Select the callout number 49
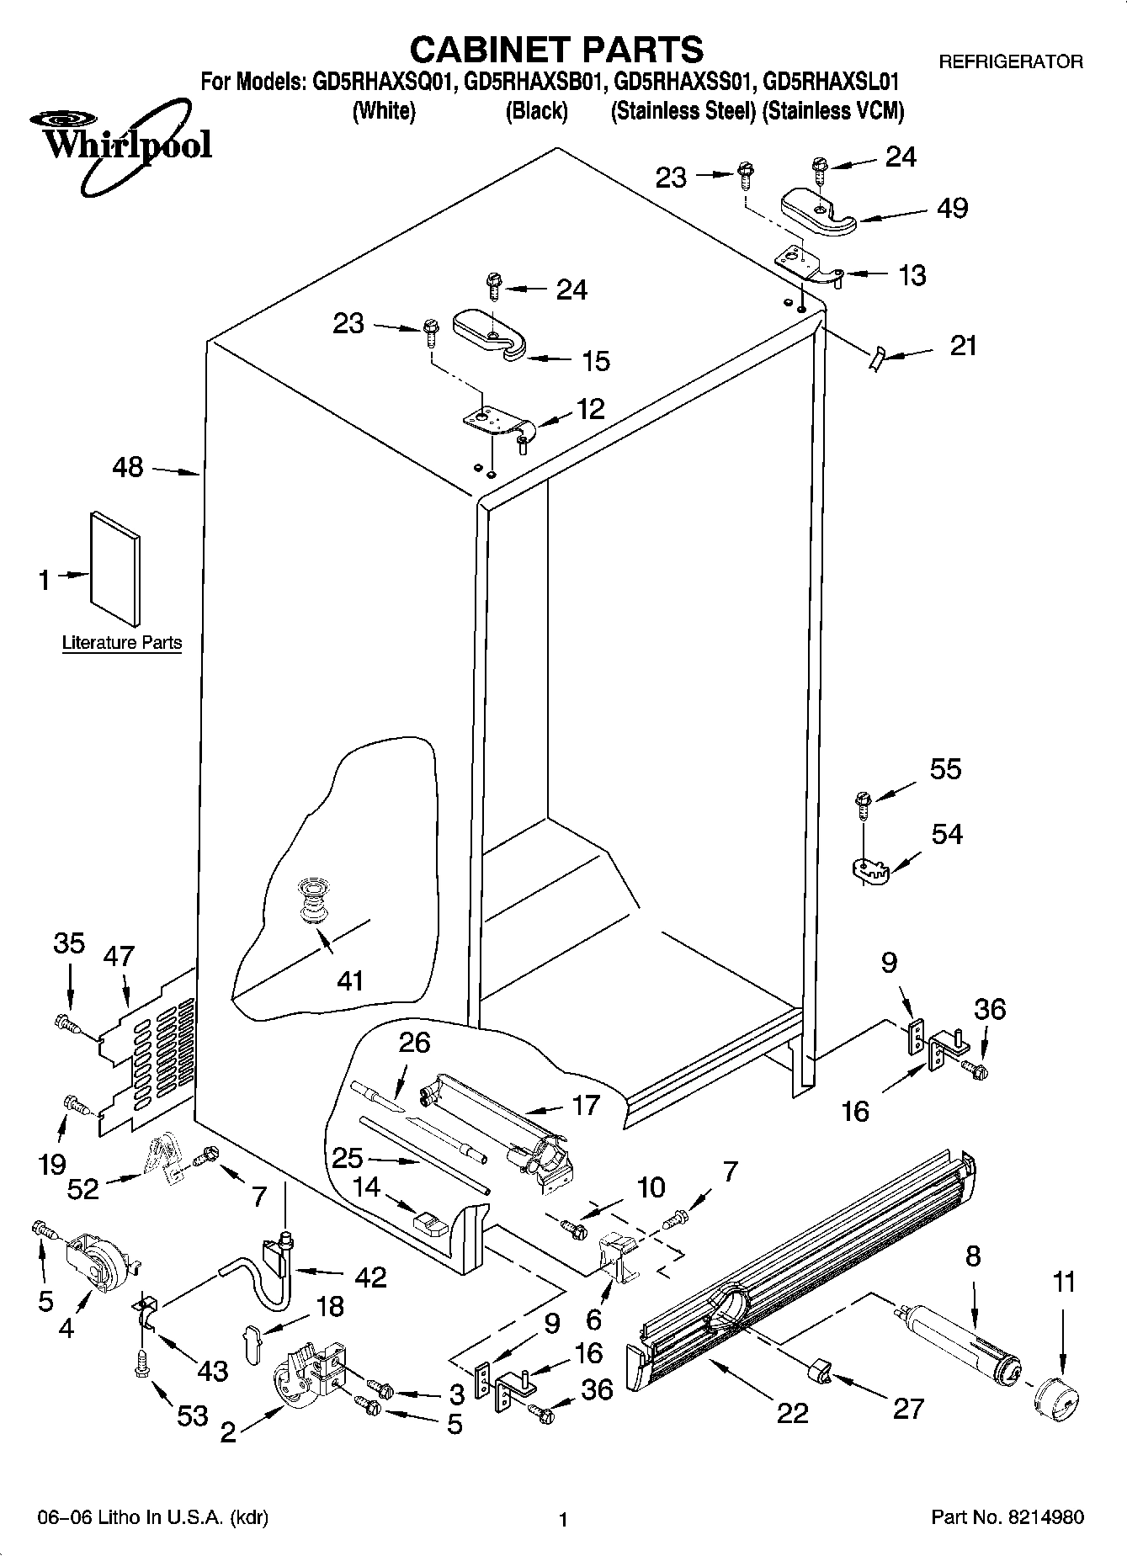(x=952, y=208)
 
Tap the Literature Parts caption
(x=122, y=643)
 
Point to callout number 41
(x=350, y=980)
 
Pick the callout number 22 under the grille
(x=792, y=1412)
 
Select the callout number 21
(x=963, y=345)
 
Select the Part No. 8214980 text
(x=1007, y=1517)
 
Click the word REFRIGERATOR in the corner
(x=1010, y=62)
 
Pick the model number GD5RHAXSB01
(x=534, y=82)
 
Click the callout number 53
(x=192, y=1415)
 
